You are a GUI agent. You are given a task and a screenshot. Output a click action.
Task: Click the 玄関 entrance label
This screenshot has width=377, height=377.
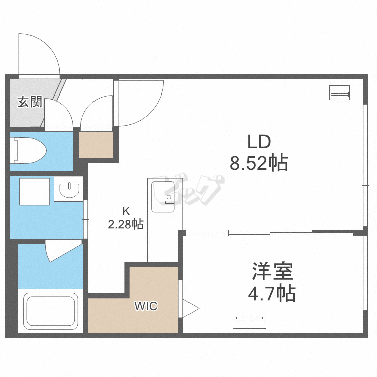30,102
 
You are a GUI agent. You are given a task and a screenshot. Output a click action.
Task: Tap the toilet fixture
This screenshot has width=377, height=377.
28,150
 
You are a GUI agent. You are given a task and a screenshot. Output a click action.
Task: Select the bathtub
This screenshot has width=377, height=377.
50,311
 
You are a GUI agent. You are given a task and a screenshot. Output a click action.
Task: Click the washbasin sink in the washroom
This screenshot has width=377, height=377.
69,190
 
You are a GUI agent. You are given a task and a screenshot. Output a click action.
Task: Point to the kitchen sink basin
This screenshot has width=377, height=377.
163,197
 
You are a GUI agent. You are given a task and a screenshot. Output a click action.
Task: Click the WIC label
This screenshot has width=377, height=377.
146,306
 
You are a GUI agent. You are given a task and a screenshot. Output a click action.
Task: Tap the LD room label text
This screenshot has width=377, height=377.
259,142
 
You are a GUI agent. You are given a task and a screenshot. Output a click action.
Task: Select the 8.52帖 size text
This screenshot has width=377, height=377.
259,163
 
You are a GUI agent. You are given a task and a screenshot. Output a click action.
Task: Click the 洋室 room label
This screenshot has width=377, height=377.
272,271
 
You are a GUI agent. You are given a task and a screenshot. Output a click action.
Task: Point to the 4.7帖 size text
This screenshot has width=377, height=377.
271,294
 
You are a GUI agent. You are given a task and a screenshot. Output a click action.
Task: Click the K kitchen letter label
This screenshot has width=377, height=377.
126,211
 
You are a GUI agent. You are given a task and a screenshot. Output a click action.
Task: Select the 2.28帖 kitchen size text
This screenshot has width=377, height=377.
126,224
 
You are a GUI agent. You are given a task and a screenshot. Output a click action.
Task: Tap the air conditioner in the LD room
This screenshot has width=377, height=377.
339,93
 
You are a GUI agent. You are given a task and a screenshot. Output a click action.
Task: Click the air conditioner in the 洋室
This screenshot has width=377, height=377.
249,323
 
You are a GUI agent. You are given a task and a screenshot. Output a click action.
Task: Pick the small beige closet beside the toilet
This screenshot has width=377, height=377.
96,145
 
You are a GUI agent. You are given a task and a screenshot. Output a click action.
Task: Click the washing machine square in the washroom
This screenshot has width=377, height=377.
34,192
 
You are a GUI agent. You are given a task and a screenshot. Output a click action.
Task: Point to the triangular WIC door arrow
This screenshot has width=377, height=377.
191,308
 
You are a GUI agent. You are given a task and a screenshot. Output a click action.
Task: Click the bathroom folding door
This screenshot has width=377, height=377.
63,251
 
